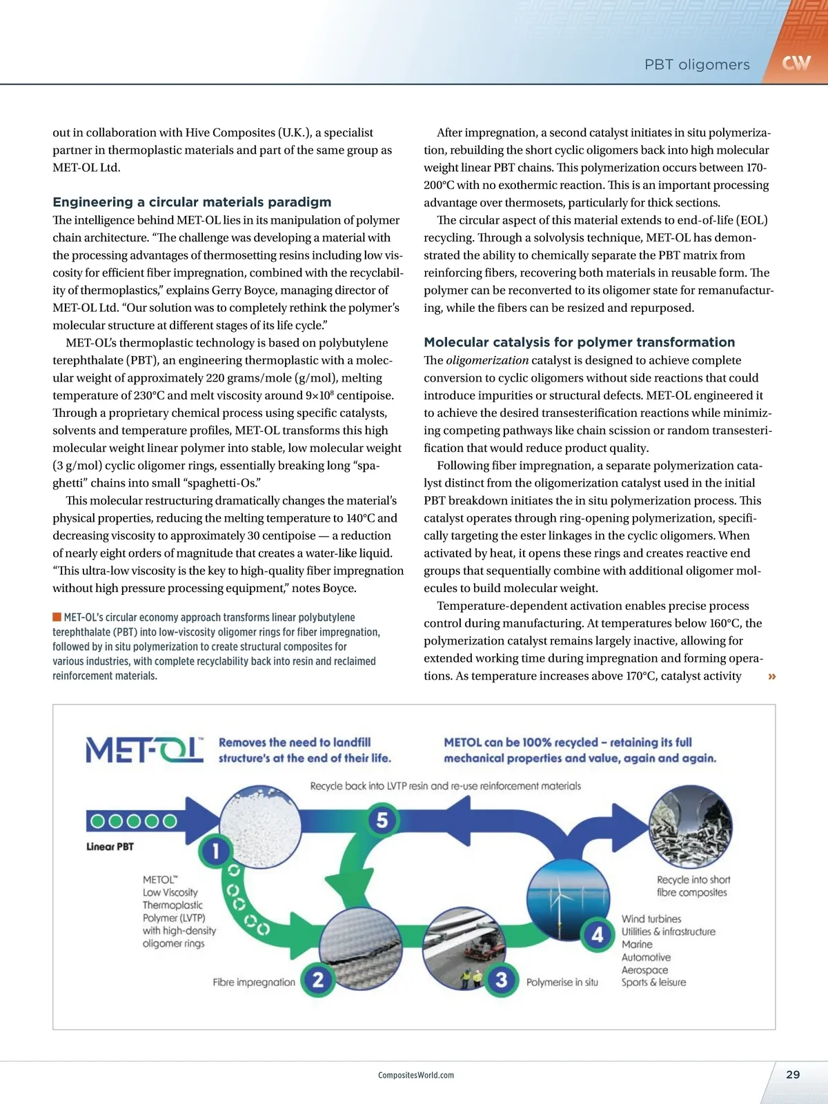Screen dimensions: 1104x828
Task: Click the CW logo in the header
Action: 796,63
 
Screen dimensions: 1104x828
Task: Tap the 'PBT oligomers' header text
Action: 697,65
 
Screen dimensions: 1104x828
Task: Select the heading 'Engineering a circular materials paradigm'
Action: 192,202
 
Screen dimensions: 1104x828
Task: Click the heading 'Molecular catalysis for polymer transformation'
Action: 579,342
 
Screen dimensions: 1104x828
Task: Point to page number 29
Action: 793,1074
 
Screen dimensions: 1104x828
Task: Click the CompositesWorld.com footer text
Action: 416,1075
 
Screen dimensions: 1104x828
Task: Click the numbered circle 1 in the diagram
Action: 215,851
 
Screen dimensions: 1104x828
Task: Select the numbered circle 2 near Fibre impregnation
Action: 318,980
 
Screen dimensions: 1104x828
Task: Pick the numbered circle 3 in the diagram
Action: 502,980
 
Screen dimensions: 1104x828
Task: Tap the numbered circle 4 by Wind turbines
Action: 598,935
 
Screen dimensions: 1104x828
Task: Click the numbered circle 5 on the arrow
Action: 382,820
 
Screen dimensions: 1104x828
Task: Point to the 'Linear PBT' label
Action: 110,847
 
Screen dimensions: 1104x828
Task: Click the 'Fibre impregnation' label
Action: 254,982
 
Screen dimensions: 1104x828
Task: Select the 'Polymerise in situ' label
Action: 562,982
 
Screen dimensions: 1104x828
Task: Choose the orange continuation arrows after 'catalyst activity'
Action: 771,676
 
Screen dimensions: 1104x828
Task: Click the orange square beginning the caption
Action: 57,617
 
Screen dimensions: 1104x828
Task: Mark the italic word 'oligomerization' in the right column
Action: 487,360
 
